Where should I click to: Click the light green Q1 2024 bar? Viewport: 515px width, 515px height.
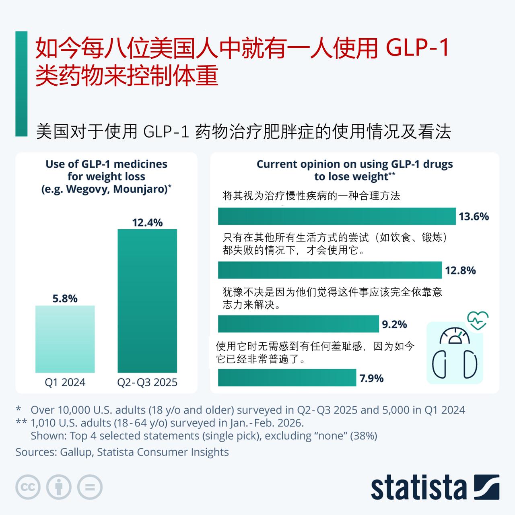coord(65,339)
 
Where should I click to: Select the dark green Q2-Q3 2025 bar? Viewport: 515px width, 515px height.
coord(147,301)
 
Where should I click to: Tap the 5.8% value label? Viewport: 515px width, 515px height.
coord(65,299)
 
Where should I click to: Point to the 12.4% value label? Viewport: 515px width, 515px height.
coord(147,222)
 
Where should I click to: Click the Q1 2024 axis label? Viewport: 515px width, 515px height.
coord(65,382)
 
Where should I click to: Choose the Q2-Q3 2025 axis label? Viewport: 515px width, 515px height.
coord(147,382)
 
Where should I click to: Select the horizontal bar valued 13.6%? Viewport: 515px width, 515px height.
coord(336,216)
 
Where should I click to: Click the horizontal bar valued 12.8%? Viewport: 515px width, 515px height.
coord(330,270)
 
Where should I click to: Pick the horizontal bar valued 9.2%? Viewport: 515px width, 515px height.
coord(298,324)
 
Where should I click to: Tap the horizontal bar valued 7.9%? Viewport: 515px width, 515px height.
coord(287,378)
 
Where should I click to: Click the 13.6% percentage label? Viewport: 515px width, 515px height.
coord(474,216)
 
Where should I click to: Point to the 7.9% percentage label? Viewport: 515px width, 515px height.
coord(371,378)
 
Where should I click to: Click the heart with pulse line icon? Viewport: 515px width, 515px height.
coord(478,321)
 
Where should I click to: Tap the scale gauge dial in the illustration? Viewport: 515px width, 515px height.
coord(455,337)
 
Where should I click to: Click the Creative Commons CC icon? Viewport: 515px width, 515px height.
coord(28,488)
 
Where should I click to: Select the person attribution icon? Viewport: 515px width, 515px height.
coord(59,488)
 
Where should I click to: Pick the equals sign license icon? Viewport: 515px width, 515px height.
coord(89,488)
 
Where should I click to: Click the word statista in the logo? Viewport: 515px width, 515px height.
coord(418,488)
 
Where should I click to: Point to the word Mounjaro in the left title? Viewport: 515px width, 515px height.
coord(140,189)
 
